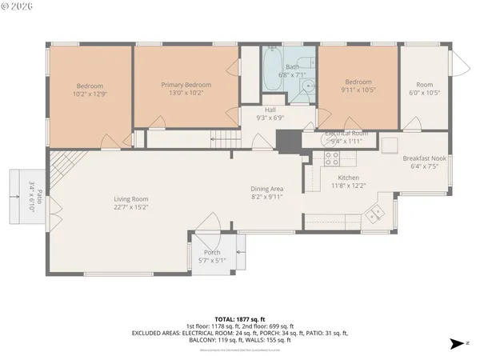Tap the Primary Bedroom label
[186, 85]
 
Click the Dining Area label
[267, 190]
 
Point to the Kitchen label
[348, 178]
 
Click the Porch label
[212, 253]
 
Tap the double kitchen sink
[373, 214]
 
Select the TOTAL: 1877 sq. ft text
[241, 318]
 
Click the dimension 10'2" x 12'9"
[90, 94]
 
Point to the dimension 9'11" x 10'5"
[358, 90]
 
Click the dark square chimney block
[284, 138]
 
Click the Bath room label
[292, 66]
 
